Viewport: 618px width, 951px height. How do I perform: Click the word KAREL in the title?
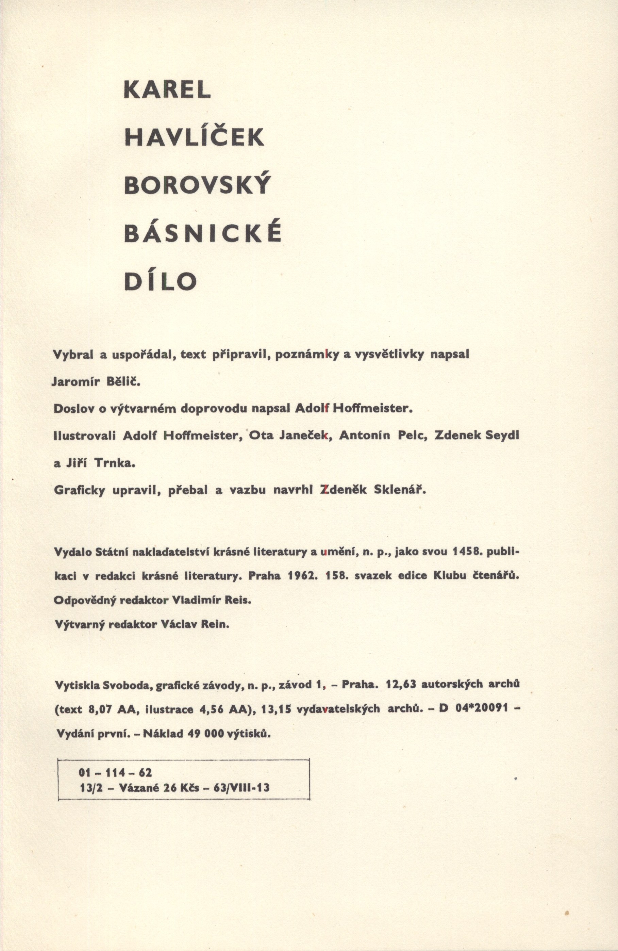(x=167, y=91)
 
